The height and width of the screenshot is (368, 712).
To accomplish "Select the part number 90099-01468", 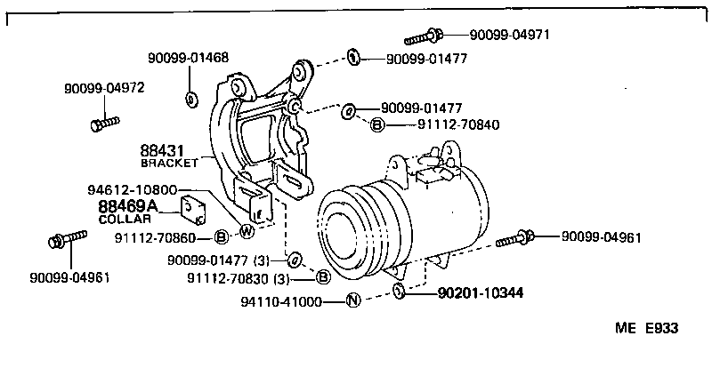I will point(189,58).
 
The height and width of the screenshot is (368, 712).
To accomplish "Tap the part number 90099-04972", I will point(104,88).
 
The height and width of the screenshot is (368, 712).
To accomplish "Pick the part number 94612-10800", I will point(132,189).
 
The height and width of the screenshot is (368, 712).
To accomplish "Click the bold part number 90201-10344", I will point(479,292).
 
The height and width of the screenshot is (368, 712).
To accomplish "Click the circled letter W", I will point(247,233).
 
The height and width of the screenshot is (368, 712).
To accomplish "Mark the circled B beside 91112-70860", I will point(222,237).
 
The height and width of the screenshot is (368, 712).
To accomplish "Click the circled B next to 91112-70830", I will point(323,277).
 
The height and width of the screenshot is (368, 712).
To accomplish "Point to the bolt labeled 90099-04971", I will point(422,36).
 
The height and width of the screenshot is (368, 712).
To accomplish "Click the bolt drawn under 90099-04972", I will point(101,121).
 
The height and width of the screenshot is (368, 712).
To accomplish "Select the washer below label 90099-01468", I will point(191,98).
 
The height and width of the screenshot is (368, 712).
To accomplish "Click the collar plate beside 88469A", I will point(193,210).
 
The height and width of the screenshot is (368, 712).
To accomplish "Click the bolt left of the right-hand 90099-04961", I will point(516,237).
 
